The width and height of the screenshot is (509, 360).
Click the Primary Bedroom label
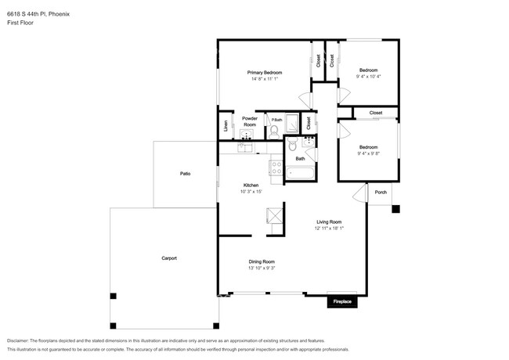[265, 72]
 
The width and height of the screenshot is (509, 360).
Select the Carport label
[169, 257]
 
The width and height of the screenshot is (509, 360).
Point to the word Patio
[185, 173]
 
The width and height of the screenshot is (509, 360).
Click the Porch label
[381, 192]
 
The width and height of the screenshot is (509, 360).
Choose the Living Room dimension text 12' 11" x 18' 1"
[328, 229]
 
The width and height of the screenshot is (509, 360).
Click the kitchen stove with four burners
[276, 167]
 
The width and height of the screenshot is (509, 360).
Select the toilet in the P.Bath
[273, 132]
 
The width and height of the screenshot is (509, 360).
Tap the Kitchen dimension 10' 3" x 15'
[251, 191]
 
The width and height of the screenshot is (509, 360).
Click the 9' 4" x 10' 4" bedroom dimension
[368, 77]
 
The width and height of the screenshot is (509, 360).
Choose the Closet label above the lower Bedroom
[375, 113]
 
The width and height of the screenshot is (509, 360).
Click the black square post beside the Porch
[395, 209]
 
